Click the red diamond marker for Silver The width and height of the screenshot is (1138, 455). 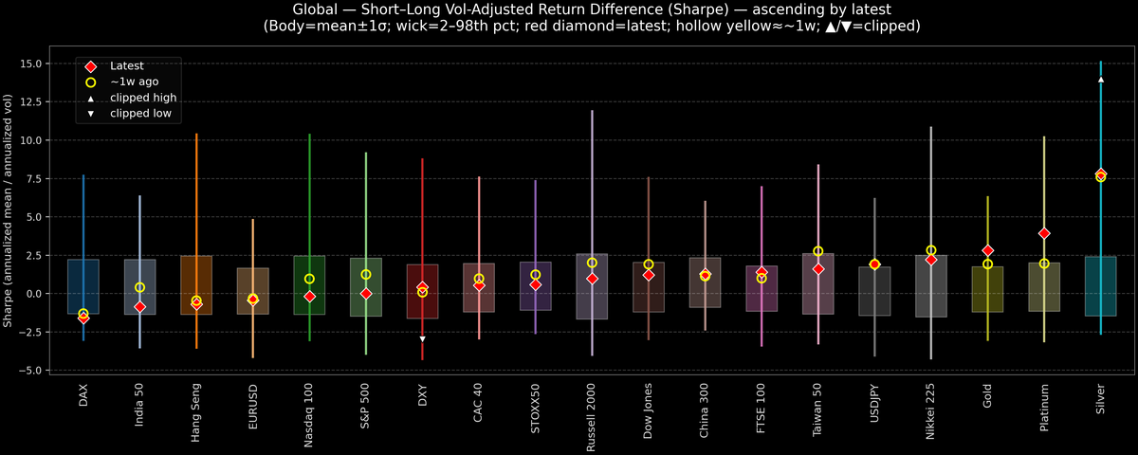click(1100, 173)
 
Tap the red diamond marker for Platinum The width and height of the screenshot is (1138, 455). click(1044, 233)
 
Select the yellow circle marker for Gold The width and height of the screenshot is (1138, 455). click(987, 264)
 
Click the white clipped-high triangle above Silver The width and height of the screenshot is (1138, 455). click(1100, 80)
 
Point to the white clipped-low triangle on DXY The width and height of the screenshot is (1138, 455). click(422, 338)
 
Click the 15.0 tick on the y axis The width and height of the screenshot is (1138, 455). click(37, 64)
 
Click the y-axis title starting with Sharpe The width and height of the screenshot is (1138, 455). click(9, 210)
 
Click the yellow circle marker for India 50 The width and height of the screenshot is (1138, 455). click(139, 287)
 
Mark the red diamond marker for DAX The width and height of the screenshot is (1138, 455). click(83, 318)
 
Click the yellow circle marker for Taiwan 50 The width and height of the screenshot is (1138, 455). click(817, 251)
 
